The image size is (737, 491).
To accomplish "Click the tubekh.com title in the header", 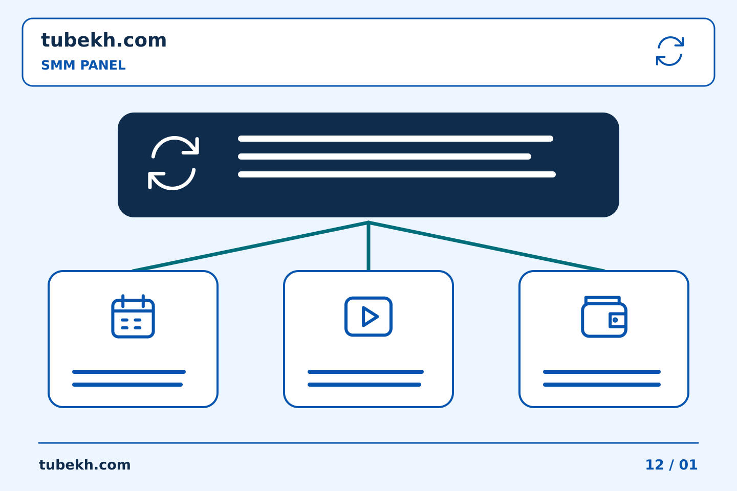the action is click(x=103, y=40).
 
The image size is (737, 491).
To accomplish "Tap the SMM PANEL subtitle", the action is click(x=83, y=65).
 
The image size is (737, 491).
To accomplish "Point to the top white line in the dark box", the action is click(x=396, y=139).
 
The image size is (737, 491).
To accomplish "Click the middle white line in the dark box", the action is click(x=385, y=157).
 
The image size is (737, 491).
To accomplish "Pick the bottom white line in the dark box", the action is click(x=397, y=174).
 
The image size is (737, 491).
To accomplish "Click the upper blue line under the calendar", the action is click(x=129, y=372).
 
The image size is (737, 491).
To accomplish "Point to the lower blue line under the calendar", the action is click(x=127, y=385).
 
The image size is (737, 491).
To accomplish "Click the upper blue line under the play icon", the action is click(x=365, y=372).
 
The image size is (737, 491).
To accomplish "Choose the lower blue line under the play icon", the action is click(x=364, y=385).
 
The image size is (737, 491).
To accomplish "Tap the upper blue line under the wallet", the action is click(x=602, y=372).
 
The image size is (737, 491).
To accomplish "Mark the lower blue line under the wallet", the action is click(x=602, y=385).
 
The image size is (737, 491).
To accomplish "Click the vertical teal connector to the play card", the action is click(x=368, y=247).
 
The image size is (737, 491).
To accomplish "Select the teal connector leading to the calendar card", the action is click(x=250, y=247).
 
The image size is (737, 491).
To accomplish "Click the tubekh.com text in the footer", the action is click(x=84, y=465).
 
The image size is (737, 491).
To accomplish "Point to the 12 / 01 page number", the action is click(x=671, y=465).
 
